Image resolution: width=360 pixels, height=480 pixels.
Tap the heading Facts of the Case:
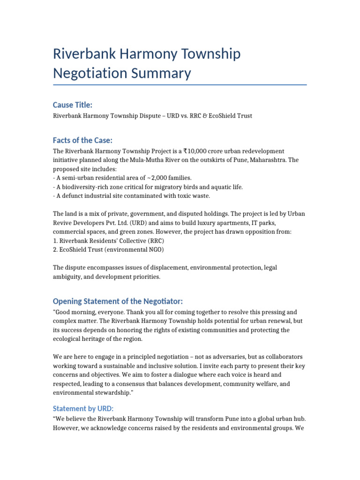82,141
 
